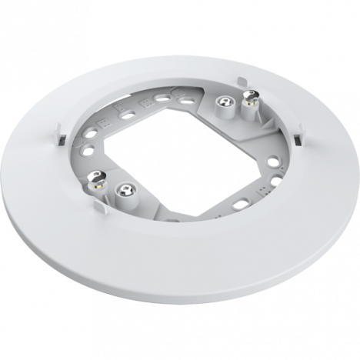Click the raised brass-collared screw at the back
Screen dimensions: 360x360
pyautogui.click(x=248, y=95)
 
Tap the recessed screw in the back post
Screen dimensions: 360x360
pyautogui.click(x=224, y=101)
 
